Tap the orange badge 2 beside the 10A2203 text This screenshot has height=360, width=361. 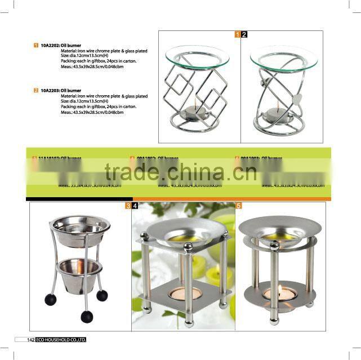[36, 90]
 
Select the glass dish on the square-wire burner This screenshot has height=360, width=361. [197, 55]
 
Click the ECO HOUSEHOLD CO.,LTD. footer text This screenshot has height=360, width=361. [62, 340]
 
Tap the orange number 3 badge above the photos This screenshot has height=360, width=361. [128, 206]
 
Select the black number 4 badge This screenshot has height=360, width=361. [135, 206]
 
